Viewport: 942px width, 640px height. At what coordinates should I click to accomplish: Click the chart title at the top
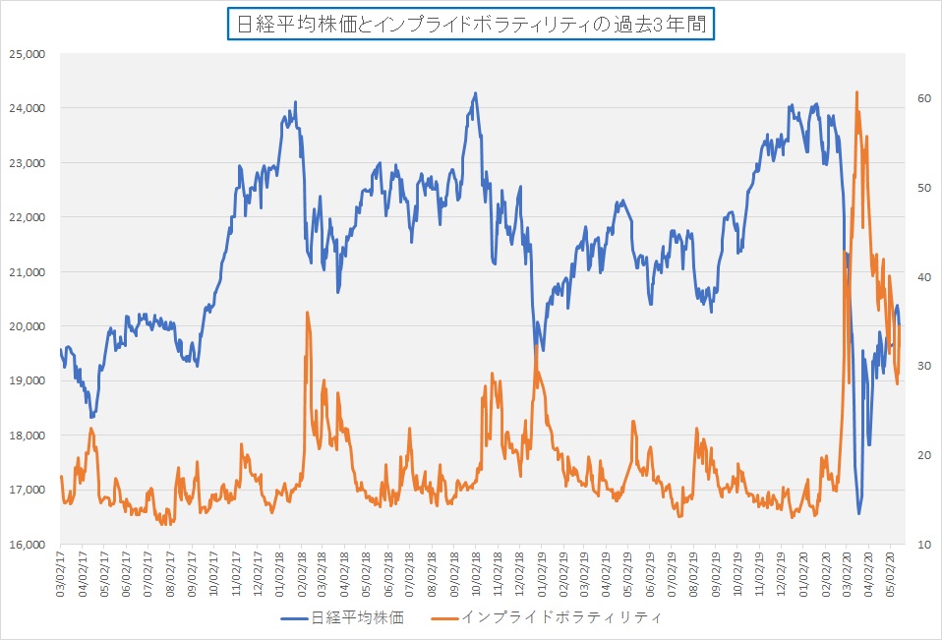pos(470,24)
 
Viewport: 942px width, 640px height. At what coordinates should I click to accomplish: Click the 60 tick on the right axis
pos(923,98)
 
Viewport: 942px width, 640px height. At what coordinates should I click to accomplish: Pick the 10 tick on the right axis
pos(923,544)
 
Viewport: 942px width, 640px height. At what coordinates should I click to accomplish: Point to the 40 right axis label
pos(923,277)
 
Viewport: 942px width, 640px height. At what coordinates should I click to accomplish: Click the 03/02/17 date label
pos(61,574)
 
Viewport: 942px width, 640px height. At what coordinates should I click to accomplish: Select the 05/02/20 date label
pos(889,574)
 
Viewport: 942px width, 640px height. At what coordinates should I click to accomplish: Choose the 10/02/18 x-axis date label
pos(477,574)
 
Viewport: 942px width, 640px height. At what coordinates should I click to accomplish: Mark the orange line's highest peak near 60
pos(856,92)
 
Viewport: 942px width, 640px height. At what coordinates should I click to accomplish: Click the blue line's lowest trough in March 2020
pos(859,513)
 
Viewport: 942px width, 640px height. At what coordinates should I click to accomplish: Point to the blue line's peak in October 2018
pos(475,93)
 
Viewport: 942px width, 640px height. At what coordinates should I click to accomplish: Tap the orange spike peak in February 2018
pos(307,313)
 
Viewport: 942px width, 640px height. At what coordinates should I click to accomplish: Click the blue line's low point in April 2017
pos(91,417)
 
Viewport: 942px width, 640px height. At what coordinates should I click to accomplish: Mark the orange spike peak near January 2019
pos(536,345)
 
